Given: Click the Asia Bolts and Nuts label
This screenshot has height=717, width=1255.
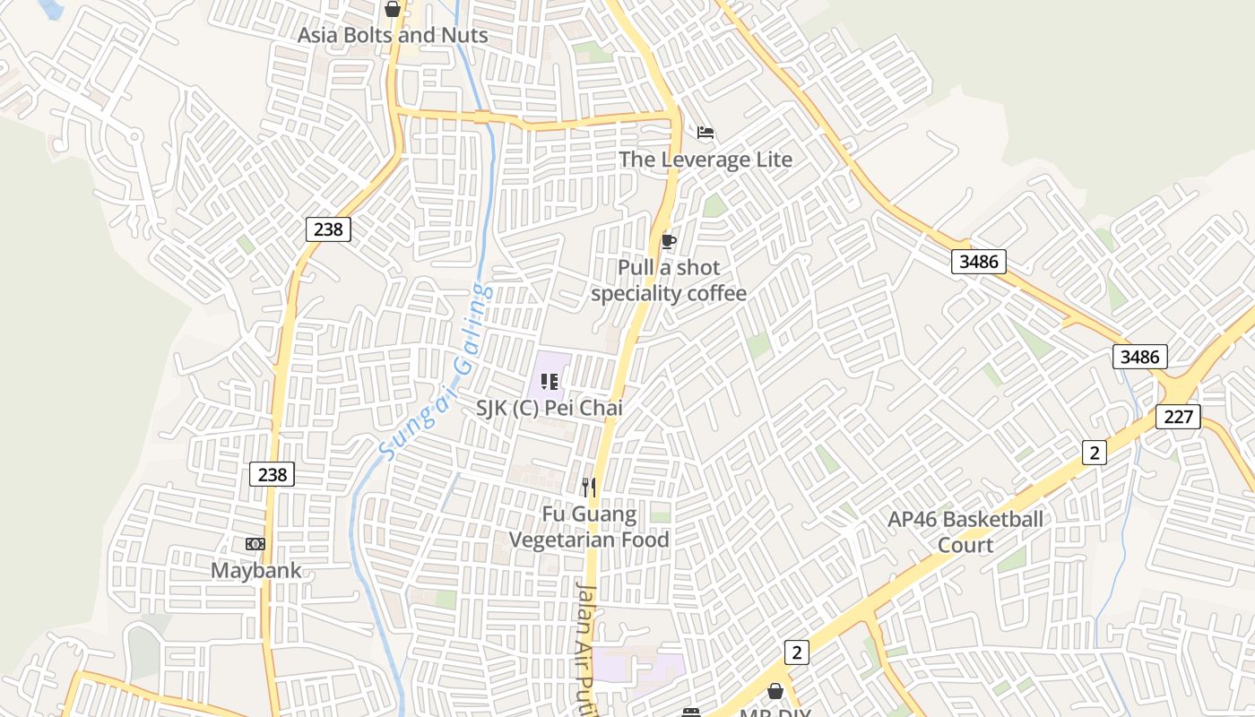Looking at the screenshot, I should tap(393, 35).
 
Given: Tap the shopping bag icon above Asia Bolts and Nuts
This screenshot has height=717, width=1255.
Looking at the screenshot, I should tap(393, 10).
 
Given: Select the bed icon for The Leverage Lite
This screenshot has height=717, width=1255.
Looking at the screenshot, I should tap(705, 134).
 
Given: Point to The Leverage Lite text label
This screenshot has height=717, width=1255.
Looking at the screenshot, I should tap(705, 160).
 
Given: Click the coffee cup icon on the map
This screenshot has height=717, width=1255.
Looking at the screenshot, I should tap(668, 240).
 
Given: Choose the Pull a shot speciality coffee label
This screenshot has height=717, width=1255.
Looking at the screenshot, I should tap(669, 281).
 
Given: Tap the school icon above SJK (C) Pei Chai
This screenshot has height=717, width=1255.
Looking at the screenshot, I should tap(550, 383).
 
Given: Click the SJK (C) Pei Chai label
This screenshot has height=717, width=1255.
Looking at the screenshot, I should tap(549, 408).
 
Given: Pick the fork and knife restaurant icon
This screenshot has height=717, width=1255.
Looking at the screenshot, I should tap(588, 487).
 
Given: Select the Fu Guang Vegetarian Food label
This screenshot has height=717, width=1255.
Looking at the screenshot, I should tap(589, 527).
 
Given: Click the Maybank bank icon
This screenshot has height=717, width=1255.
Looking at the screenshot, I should tap(255, 544).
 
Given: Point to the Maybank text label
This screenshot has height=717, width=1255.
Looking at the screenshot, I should tap(255, 570).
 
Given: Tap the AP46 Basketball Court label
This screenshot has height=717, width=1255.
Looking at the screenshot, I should tap(965, 531).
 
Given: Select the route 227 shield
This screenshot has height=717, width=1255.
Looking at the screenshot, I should tap(1178, 416).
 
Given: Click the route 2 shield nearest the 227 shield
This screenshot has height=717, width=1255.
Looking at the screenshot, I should tap(1094, 453).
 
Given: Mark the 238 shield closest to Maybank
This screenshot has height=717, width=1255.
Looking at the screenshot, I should tap(272, 474).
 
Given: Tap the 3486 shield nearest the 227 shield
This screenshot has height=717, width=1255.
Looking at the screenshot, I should tap(1140, 357).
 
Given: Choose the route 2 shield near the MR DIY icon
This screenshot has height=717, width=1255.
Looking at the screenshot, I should tap(796, 652).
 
